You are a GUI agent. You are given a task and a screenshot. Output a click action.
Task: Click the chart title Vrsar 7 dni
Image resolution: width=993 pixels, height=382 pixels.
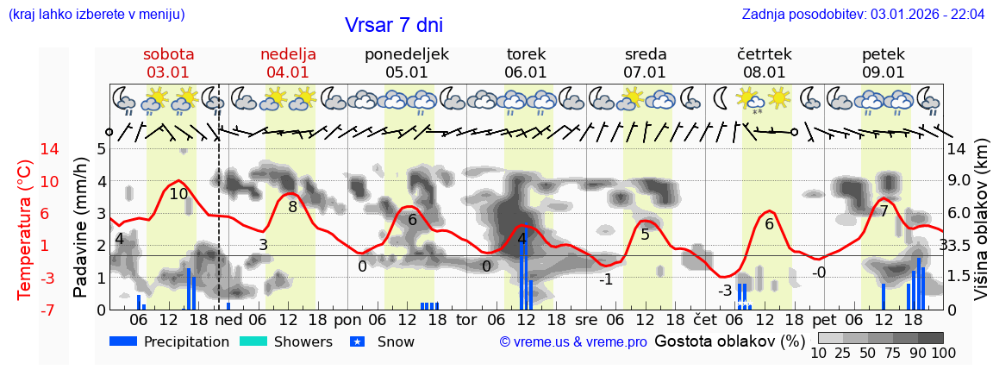(x=394, y=25)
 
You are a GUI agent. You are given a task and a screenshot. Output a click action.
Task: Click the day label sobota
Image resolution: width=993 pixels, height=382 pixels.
(x=168, y=53)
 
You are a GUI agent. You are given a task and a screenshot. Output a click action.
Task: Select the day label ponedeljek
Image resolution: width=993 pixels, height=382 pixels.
(x=407, y=53)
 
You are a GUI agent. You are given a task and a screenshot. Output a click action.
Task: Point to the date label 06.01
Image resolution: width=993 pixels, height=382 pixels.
(x=526, y=72)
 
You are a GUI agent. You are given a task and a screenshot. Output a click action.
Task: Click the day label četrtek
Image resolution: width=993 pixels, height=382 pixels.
(x=765, y=53)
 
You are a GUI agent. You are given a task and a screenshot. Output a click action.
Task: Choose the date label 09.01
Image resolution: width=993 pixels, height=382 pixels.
(x=884, y=72)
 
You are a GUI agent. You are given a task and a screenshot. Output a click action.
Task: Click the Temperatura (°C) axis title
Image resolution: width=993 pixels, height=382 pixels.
(x=25, y=229)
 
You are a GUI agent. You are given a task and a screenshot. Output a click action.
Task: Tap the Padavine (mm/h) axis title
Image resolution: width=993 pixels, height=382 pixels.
(x=80, y=229)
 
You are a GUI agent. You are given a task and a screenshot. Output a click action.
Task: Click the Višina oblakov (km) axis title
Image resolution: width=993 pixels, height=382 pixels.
(x=980, y=229)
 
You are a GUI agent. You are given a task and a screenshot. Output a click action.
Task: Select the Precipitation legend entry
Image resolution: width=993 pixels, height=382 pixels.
(x=170, y=341)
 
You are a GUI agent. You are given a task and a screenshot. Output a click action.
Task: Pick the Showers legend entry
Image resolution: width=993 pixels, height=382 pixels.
(x=285, y=341)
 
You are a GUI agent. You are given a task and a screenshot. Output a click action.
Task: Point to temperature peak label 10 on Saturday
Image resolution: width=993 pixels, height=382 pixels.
(x=178, y=194)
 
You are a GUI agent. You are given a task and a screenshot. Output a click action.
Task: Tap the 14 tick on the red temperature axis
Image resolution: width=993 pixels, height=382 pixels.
(x=26, y=148)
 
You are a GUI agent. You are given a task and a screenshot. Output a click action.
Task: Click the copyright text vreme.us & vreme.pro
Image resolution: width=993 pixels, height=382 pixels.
(x=573, y=341)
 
